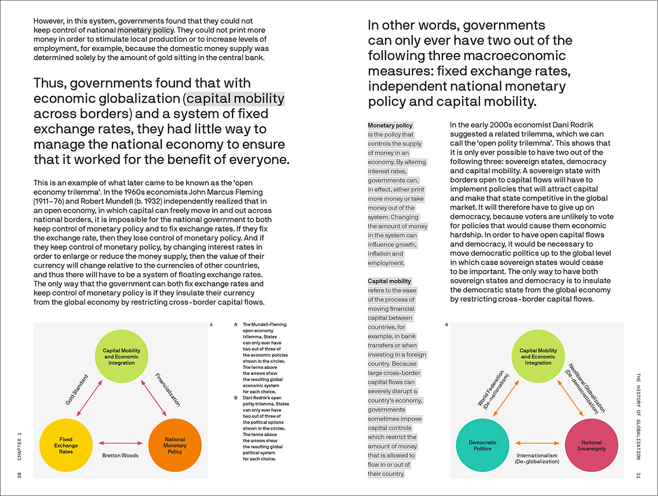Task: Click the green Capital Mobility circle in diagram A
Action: point(121,357)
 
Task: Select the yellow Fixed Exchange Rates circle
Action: point(66,445)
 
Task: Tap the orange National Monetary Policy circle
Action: point(175,445)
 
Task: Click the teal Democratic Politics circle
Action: point(483,445)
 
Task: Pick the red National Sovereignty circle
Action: point(591,445)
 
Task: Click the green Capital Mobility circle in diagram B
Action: point(538,357)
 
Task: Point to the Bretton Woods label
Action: point(121,455)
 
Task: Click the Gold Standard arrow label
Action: point(77,390)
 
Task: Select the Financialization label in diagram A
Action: point(167,390)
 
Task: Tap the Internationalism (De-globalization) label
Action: point(537,458)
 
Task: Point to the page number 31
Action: point(638,474)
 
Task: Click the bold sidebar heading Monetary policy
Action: point(390,126)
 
